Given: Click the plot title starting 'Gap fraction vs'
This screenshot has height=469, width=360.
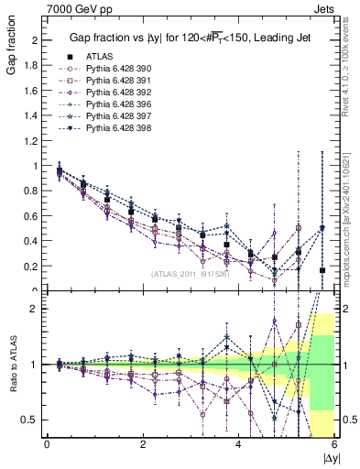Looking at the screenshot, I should coord(189,38).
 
